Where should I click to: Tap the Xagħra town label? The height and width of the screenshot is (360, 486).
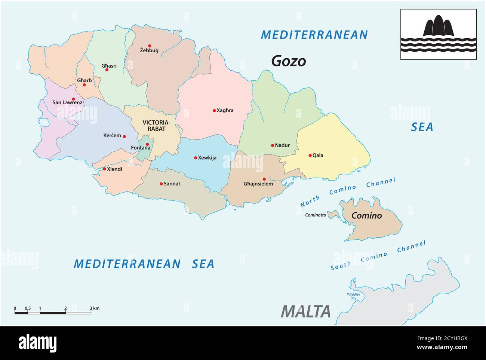[225, 110]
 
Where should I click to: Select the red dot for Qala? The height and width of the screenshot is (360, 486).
[310, 155]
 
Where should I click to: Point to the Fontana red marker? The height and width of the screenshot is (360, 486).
[147, 144]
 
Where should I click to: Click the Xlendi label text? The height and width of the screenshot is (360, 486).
[114, 169]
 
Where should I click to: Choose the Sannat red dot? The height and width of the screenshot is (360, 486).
[161, 184]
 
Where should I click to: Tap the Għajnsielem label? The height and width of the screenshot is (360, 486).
[258, 184]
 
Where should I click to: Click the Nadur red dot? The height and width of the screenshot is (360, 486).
[273, 145]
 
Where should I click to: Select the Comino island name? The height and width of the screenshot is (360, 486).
[367, 216]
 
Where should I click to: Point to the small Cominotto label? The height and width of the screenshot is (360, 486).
[316, 215]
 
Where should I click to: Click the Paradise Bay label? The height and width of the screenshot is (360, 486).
[353, 296]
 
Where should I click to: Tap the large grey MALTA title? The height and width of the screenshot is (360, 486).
[306, 311]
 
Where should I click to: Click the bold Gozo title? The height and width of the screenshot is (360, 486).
[288, 61]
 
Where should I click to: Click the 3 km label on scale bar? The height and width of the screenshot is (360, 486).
[94, 308]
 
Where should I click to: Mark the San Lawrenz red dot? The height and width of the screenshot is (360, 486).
[73, 99]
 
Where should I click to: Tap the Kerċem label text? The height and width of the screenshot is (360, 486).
[112, 136]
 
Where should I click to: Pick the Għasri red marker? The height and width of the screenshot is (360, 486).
[107, 70]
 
